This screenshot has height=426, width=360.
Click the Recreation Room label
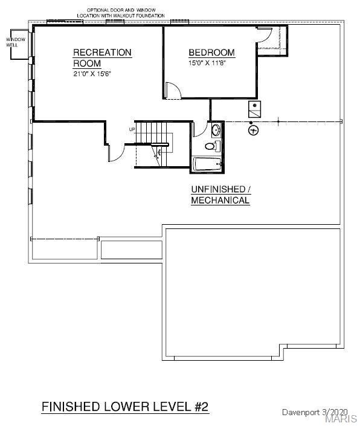click(102, 58)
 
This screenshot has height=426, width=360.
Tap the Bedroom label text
click(212, 53)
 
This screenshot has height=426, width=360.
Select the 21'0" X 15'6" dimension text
click(92, 74)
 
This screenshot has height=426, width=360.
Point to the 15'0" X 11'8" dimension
click(207, 63)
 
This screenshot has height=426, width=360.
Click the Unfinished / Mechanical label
click(220, 195)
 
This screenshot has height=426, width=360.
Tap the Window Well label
click(16, 42)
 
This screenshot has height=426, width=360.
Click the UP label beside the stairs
click(132, 129)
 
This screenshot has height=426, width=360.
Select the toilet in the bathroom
click(213, 146)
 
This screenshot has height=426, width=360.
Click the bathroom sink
click(216, 130)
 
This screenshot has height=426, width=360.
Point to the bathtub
click(207, 164)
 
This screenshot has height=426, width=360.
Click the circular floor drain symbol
click(253, 130)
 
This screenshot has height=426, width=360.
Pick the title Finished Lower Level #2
click(125, 407)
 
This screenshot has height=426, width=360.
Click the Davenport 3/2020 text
click(315, 412)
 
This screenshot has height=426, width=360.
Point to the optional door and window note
click(121, 13)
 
